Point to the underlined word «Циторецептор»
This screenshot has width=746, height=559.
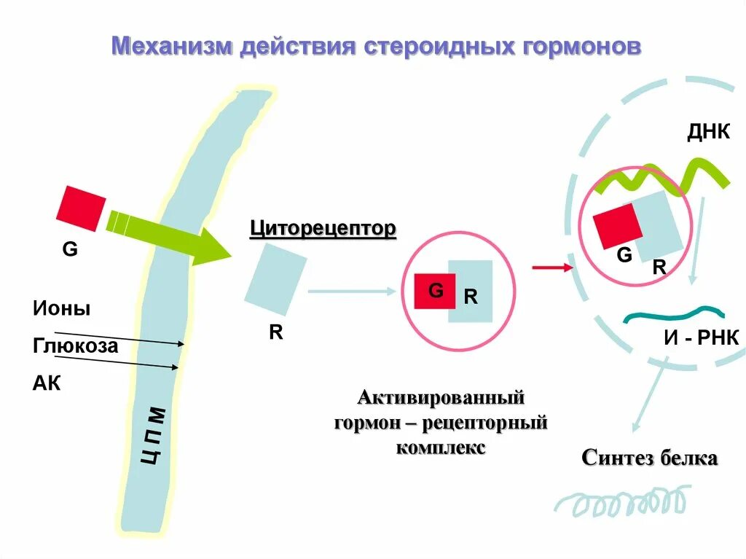tap(323, 229)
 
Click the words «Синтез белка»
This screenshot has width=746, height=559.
tap(650, 458)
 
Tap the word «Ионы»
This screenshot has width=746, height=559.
tap(61, 308)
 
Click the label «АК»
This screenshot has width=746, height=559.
tap(47, 383)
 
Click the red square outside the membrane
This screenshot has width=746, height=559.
tap(81, 208)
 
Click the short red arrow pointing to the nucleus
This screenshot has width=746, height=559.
tap(552, 268)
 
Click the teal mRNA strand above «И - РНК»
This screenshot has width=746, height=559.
tap(674, 314)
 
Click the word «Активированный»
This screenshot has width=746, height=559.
tap(441, 399)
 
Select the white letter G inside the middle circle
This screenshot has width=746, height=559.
tap(435, 291)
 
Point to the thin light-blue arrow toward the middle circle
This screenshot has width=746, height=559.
tap(352, 292)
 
